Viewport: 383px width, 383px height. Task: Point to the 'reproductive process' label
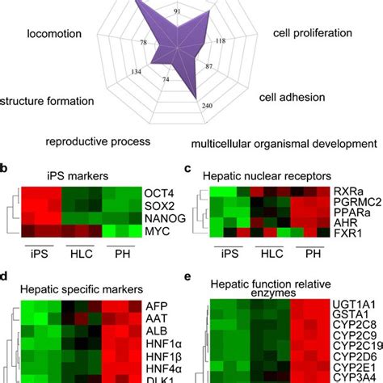point(98,141)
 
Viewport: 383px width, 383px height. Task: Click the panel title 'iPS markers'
point(69,174)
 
